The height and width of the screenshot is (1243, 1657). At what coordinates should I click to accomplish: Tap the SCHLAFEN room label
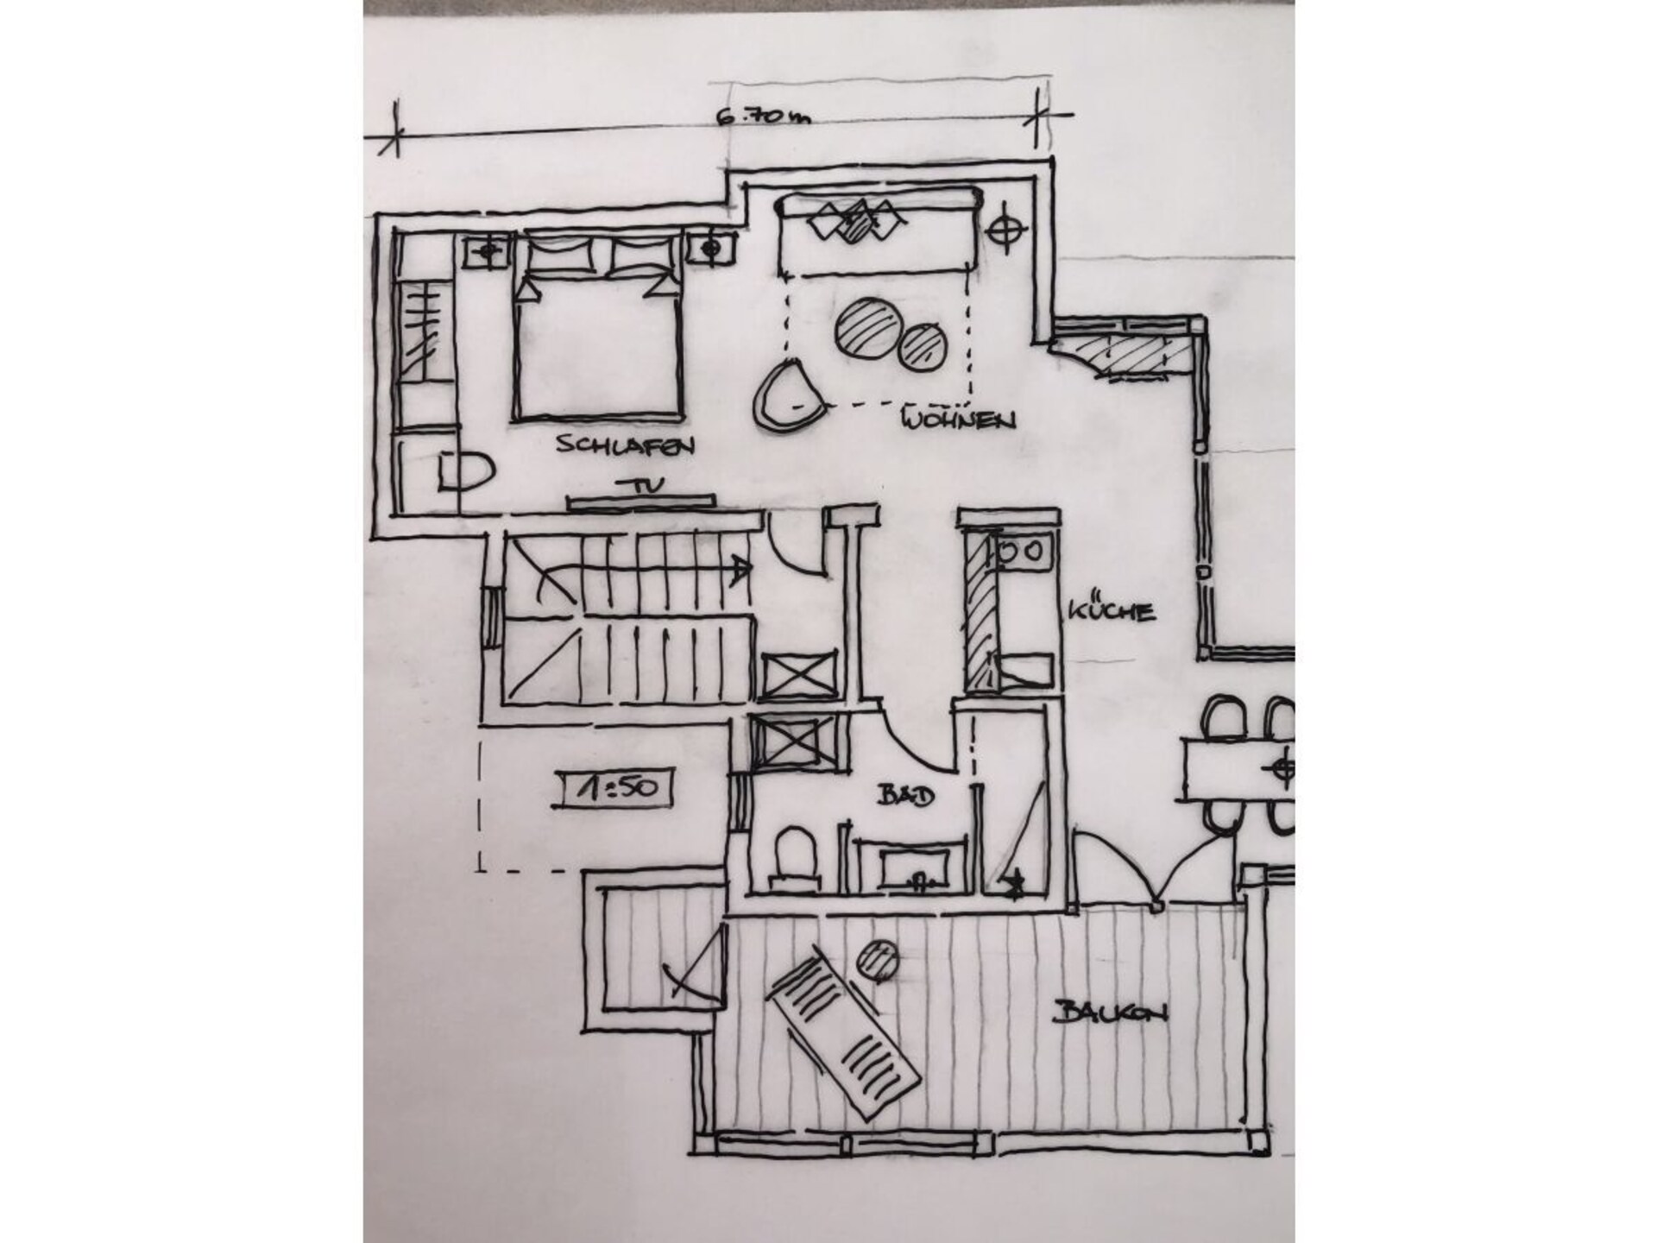pos(626,445)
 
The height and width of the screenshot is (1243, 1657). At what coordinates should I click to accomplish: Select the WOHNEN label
pos(957,420)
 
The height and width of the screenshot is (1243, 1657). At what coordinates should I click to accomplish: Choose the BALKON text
pos(1110,1013)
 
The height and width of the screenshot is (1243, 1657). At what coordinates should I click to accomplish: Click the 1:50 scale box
pos(614,788)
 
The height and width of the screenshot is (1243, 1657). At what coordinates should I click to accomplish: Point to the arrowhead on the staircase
pos(740,568)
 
